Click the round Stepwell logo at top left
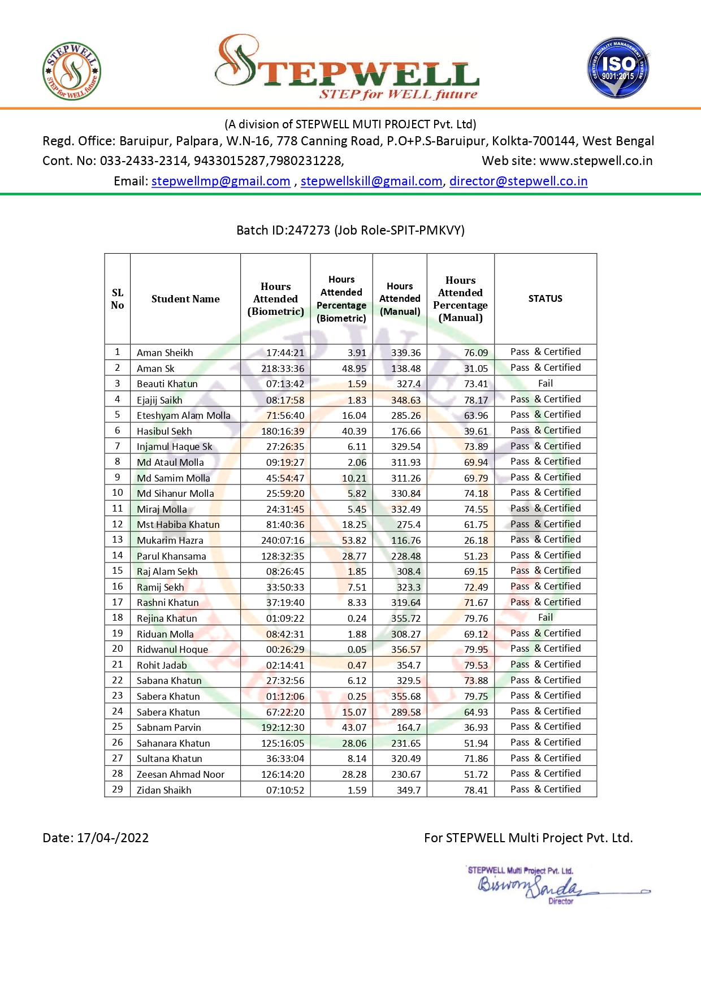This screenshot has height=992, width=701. tap(72, 72)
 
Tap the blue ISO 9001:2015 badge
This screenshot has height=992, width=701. tap(618, 68)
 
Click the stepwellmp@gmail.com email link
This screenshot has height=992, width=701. tap(220, 181)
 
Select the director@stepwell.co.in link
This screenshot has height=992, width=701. tap(518, 181)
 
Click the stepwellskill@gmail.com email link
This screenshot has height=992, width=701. tap(371, 181)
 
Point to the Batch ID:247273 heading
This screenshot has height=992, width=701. tap(350, 230)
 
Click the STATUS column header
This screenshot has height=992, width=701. tap(545, 298)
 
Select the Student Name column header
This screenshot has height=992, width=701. tap(185, 299)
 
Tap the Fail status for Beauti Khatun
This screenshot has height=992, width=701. tap(545, 383)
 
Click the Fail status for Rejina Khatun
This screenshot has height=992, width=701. tap(545, 618)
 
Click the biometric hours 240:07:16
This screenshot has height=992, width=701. tap(283, 540)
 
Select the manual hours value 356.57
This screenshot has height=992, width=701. tap(406, 649)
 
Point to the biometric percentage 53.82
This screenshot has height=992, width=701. tap(354, 540)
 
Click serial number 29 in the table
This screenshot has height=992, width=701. tap(118, 789)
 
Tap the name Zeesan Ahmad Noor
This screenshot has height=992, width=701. tap(180, 774)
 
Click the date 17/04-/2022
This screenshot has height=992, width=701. tap(112, 838)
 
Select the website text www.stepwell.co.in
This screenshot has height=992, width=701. tap(596, 161)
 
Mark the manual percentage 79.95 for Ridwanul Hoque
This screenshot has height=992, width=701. tap(475, 649)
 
